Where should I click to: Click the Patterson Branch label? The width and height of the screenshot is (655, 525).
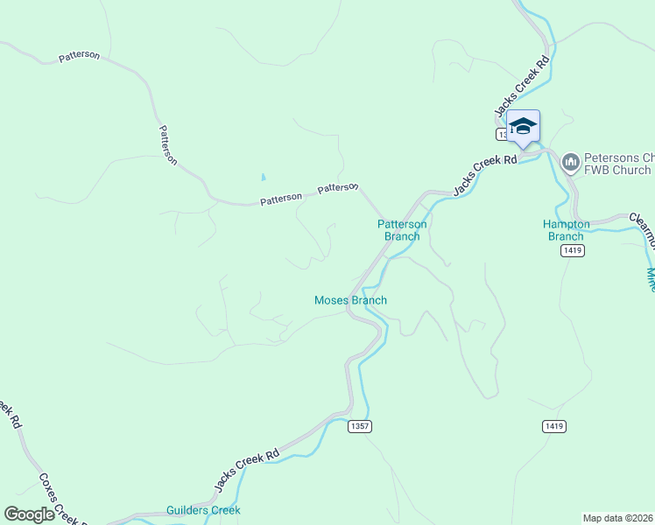[x=402, y=230]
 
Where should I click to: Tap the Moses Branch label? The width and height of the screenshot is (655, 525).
[x=350, y=300]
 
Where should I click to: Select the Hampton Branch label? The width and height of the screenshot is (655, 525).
[x=566, y=230]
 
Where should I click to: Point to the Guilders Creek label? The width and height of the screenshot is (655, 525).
[x=203, y=510]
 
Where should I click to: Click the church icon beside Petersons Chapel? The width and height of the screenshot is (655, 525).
[x=571, y=162]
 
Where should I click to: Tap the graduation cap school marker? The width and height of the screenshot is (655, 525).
[x=523, y=126]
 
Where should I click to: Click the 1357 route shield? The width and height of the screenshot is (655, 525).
[x=359, y=426]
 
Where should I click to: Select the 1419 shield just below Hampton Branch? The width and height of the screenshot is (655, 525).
[x=573, y=250]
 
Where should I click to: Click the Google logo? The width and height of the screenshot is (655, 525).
[x=29, y=514]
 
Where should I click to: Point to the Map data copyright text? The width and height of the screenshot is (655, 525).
[x=618, y=517]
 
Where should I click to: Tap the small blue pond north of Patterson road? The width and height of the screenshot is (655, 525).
[x=263, y=178]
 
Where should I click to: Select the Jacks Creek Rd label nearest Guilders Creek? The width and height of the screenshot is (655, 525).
[x=247, y=469]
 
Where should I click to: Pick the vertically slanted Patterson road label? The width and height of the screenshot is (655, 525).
[x=167, y=144]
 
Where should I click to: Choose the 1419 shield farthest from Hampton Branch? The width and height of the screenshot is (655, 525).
[x=553, y=426]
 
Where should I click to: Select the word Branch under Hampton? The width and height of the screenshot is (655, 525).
[x=566, y=236]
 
